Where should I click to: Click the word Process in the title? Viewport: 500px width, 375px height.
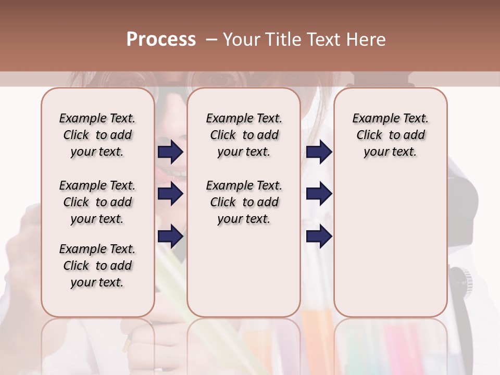161,40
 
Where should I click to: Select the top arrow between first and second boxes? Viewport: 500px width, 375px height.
170,152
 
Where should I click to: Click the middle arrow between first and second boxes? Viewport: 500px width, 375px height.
170,194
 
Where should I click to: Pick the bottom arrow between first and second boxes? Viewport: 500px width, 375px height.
170,236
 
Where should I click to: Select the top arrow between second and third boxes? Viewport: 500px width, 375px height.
319,152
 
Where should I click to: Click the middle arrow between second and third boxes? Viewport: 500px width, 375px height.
319,194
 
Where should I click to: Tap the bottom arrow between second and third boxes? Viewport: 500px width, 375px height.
319,236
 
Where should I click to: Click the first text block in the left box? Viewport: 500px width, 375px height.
97,135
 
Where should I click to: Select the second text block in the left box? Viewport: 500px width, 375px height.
97,202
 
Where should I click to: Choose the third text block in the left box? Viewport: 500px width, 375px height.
97,266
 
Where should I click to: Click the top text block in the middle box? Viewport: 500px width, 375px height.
244,135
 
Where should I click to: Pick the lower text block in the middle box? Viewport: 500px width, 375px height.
244,202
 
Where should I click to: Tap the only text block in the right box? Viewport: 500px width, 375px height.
390,135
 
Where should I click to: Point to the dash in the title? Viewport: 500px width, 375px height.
211,40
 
